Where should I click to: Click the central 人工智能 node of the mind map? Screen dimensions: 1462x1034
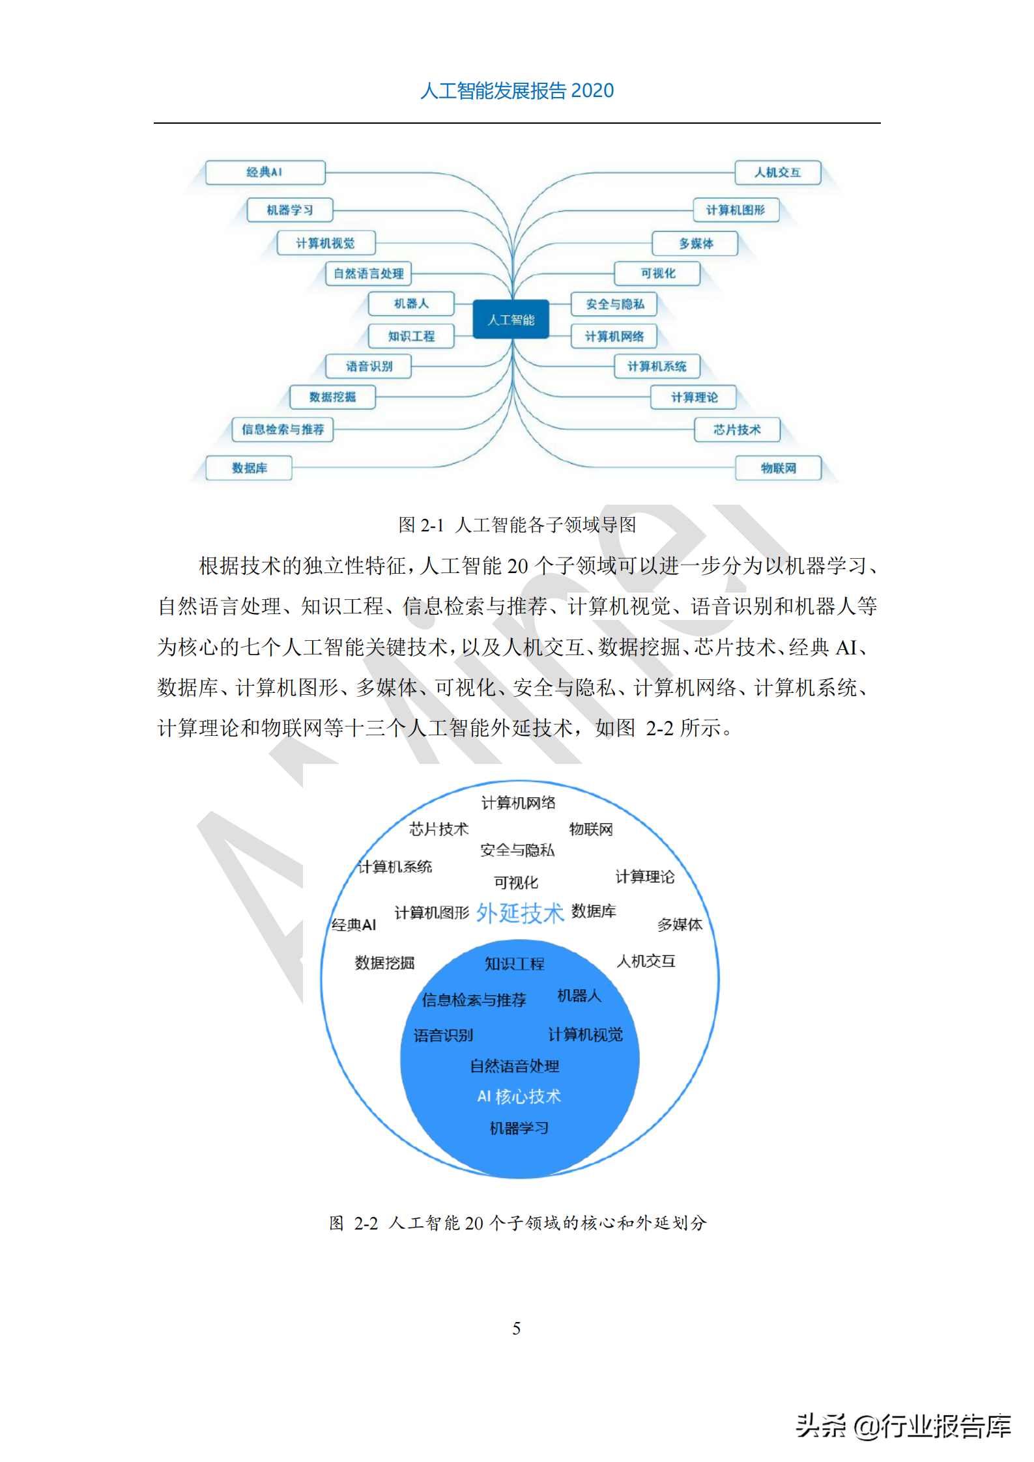[511, 319]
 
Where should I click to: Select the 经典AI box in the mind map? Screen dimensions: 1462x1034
[265, 173]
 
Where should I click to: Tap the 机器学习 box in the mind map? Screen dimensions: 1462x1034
[290, 210]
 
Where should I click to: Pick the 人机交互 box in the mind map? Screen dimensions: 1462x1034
[777, 173]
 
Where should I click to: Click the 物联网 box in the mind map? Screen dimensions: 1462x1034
[778, 468]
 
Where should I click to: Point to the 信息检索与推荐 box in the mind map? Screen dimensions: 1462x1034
[283, 430]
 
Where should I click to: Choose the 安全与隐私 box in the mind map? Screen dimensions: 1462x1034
[614, 304]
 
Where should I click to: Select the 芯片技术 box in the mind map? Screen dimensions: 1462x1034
[737, 430]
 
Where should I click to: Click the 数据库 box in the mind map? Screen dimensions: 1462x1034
[249, 468]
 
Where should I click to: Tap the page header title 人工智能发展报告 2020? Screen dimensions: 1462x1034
[517, 91]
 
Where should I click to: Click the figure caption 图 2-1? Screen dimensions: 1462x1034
[517, 525]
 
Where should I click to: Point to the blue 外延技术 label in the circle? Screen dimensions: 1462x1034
[519, 913]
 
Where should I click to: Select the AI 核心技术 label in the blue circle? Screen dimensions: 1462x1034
[519, 1097]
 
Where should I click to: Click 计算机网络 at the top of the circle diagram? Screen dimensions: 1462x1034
[518, 803]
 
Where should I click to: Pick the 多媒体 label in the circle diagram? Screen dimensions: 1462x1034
[680, 925]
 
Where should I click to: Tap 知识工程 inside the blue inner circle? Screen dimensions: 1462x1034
[514, 964]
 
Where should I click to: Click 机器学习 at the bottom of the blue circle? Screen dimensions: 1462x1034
[519, 1128]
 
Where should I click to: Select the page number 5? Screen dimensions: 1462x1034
[517, 1328]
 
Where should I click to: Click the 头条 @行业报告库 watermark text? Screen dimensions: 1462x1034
[903, 1426]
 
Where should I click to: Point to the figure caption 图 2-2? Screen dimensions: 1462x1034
[517, 1223]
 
